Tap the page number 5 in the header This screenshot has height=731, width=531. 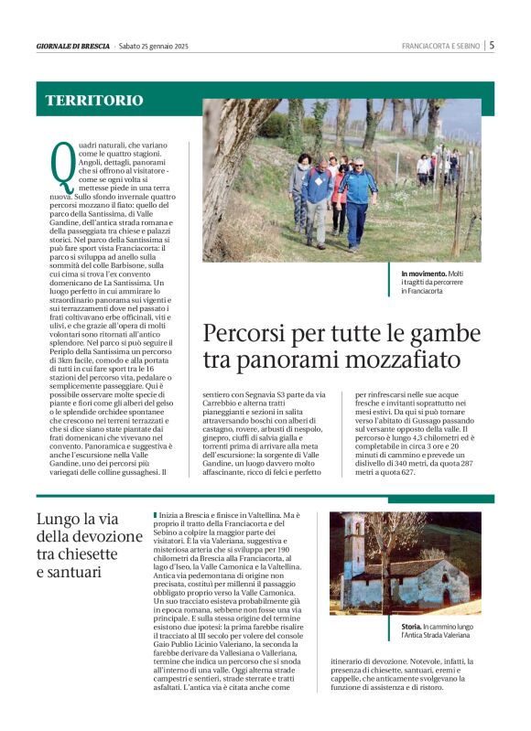[x=492, y=45]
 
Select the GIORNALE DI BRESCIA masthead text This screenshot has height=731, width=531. [x=73, y=46]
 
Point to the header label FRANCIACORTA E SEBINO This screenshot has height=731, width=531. [x=441, y=46]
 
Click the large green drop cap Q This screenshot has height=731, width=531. [x=61, y=167]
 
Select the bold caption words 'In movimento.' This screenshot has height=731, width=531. [x=422, y=274]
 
